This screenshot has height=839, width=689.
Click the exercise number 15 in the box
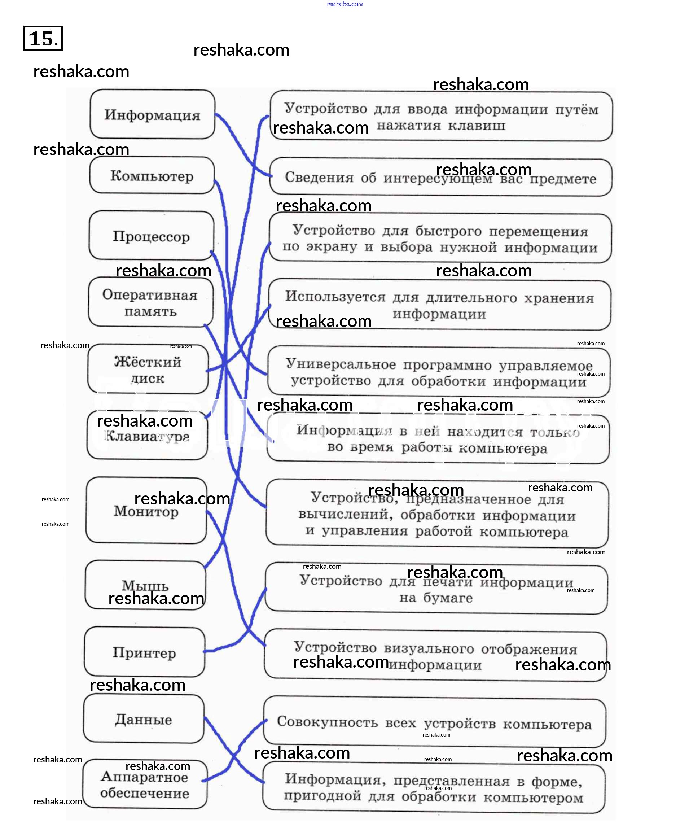point(43,38)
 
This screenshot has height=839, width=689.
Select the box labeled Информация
point(152,115)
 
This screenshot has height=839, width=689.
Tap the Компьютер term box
point(152,175)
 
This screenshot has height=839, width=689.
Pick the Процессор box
point(151,236)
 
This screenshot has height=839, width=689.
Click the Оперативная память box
point(150,302)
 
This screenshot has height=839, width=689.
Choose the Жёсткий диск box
point(148,369)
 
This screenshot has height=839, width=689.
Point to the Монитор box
point(146,511)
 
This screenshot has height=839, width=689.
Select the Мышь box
point(145,585)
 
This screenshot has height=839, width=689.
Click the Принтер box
point(144,652)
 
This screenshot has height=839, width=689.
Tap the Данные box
point(143,719)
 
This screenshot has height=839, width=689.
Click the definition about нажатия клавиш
point(440,117)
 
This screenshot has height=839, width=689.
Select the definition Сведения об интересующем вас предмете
point(440,178)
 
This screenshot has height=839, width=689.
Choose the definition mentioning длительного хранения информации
point(439,305)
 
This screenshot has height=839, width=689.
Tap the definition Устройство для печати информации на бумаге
point(436,589)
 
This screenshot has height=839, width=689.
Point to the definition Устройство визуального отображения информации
point(435,656)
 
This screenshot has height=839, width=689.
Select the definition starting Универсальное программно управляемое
point(439,372)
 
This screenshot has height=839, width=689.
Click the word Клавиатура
point(147,436)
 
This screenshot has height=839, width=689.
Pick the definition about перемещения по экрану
point(440,239)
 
